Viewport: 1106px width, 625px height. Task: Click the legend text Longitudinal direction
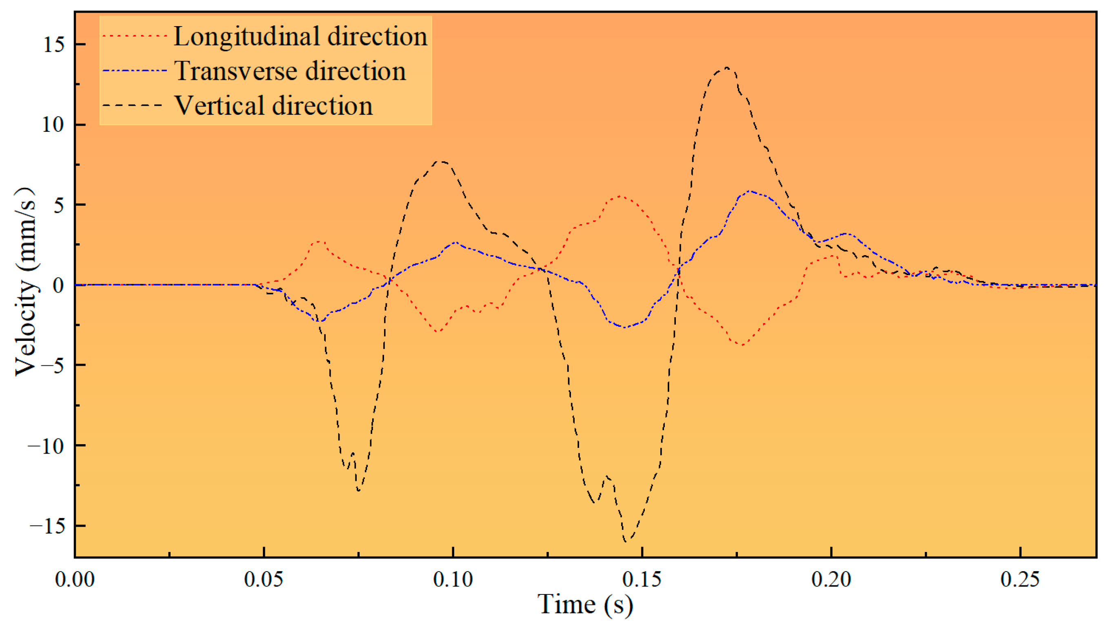[300, 36]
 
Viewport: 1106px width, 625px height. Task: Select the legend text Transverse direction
[290, 71]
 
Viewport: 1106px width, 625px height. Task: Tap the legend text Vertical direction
[273, 106]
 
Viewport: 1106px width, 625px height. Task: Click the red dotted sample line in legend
[134, 36]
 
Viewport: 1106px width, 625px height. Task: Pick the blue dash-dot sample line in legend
[134, 71]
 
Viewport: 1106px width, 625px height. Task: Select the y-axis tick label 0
[58, 285]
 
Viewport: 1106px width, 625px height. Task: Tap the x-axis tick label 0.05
[264, 579]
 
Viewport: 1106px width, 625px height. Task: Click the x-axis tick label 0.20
[831, 579]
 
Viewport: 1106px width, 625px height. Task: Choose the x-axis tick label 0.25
[1020, 579]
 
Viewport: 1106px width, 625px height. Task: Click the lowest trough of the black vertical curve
[626, 541]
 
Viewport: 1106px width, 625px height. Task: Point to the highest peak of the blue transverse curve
[749, 191]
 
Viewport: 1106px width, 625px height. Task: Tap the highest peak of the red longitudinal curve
[619, 196]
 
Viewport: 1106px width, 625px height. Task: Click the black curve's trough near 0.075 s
[359, 491]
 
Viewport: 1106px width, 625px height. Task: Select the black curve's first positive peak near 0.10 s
[441, 162]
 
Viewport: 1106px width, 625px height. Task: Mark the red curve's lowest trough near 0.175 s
[742, 345]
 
